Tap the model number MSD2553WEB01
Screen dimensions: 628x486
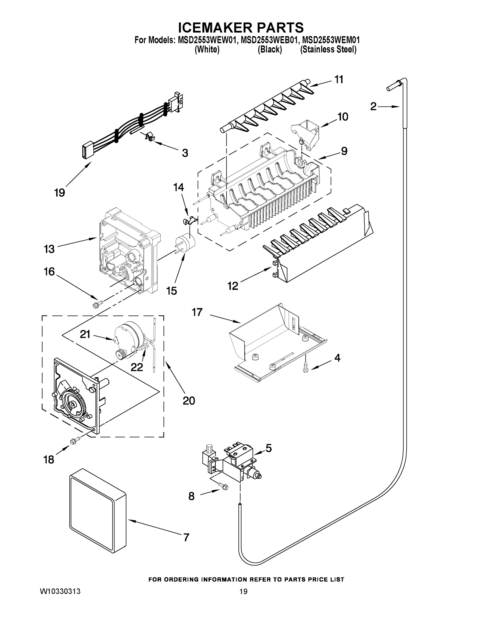click(x=268, y=40)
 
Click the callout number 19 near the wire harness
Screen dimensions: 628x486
click(x=59, y=192)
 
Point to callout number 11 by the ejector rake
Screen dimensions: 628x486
click(x=339, y=80)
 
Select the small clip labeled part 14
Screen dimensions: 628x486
click(x=189, y=221)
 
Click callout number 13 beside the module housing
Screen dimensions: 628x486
click(x=49, y=249)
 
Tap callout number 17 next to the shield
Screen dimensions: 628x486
click(x=197, y=312)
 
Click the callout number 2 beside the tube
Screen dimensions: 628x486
click(x=373, y=107)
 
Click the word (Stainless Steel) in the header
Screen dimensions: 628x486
click(x=328, y=49)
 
